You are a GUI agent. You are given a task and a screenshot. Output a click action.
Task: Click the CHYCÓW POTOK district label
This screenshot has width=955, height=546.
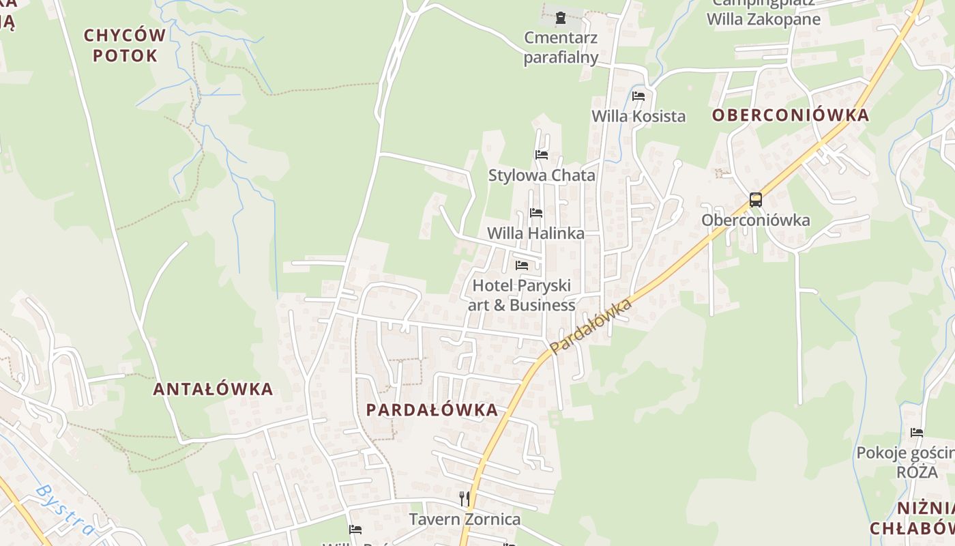click(x=125, y=45)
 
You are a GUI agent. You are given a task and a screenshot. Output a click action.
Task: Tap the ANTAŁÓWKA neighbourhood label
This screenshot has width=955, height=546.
click(x=213, y=389)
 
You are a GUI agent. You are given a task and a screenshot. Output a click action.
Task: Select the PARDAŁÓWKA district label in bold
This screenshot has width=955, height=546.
click(x=432, y=409)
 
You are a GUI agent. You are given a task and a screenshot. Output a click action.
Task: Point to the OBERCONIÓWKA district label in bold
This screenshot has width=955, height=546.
click(x=791, y=115)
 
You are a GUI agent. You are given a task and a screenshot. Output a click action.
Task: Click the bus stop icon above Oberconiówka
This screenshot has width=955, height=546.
click(x=755, y=200)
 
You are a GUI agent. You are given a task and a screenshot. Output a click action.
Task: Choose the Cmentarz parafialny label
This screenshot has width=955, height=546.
click(x=561, y=47)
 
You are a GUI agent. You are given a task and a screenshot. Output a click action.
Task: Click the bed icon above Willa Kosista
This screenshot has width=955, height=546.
click(x=638, y=96)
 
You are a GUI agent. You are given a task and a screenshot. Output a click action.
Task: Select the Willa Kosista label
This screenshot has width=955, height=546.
click(x=638, y=116)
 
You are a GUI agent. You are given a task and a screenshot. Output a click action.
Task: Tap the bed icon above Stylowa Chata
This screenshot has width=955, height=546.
click(x=542, y=155)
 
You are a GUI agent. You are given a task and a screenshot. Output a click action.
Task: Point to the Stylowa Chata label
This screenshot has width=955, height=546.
click(x=542, y=175)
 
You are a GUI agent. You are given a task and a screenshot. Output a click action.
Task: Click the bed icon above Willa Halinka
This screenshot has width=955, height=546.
click(x=536, y=213)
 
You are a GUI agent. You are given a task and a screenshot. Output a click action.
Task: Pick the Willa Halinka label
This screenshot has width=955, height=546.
click(x=535, y=233)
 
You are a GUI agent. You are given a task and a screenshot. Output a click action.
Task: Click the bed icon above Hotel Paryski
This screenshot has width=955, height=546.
click(x=522, y=265)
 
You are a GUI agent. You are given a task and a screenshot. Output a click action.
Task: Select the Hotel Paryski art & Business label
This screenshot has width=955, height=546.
click(x=522, y=295)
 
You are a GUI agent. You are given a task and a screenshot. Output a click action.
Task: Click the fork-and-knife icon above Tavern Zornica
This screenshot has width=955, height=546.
click(x=465, y=499)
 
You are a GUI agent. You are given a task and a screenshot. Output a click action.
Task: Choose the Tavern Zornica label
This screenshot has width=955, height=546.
click(x=465, y=519)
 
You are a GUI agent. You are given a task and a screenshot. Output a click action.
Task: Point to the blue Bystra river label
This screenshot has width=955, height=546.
click(x=65, y=510)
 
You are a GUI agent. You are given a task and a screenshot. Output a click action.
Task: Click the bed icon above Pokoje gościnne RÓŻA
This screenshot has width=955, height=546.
click(x=917, y=433)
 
